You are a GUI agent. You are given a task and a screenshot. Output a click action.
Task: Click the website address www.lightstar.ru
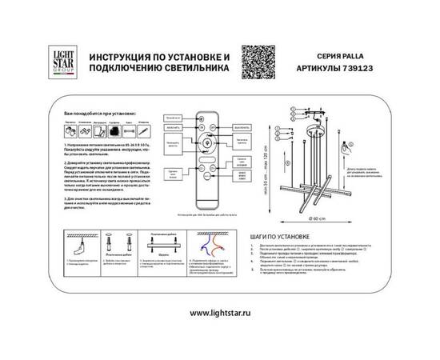tap(219, 313)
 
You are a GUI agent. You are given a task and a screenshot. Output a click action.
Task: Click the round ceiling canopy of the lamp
tap(316, 126)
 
